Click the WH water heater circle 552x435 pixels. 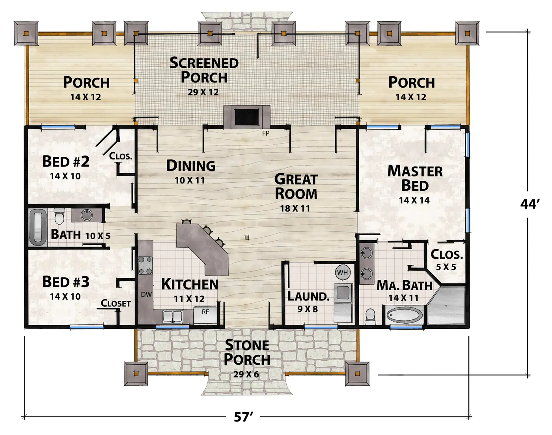click(x=342, y=272)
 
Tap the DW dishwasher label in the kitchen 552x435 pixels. click(x=146, y=294)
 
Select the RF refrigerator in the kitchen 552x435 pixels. click(x=205, y=315)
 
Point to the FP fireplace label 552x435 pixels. click(x=266, y=133)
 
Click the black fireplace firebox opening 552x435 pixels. click(x=247, y=117)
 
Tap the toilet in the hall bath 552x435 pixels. click(x=60, y=216)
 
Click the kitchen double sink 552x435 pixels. click(x=173, y=317)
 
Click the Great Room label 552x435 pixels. click(x=296, y=186)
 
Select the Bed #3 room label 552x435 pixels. click(x=66, y=282)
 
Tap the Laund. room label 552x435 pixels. click(x=308, y=296)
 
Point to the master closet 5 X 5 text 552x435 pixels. click(x=446, y=267)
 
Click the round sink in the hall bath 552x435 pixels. click(x=87, y=215)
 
